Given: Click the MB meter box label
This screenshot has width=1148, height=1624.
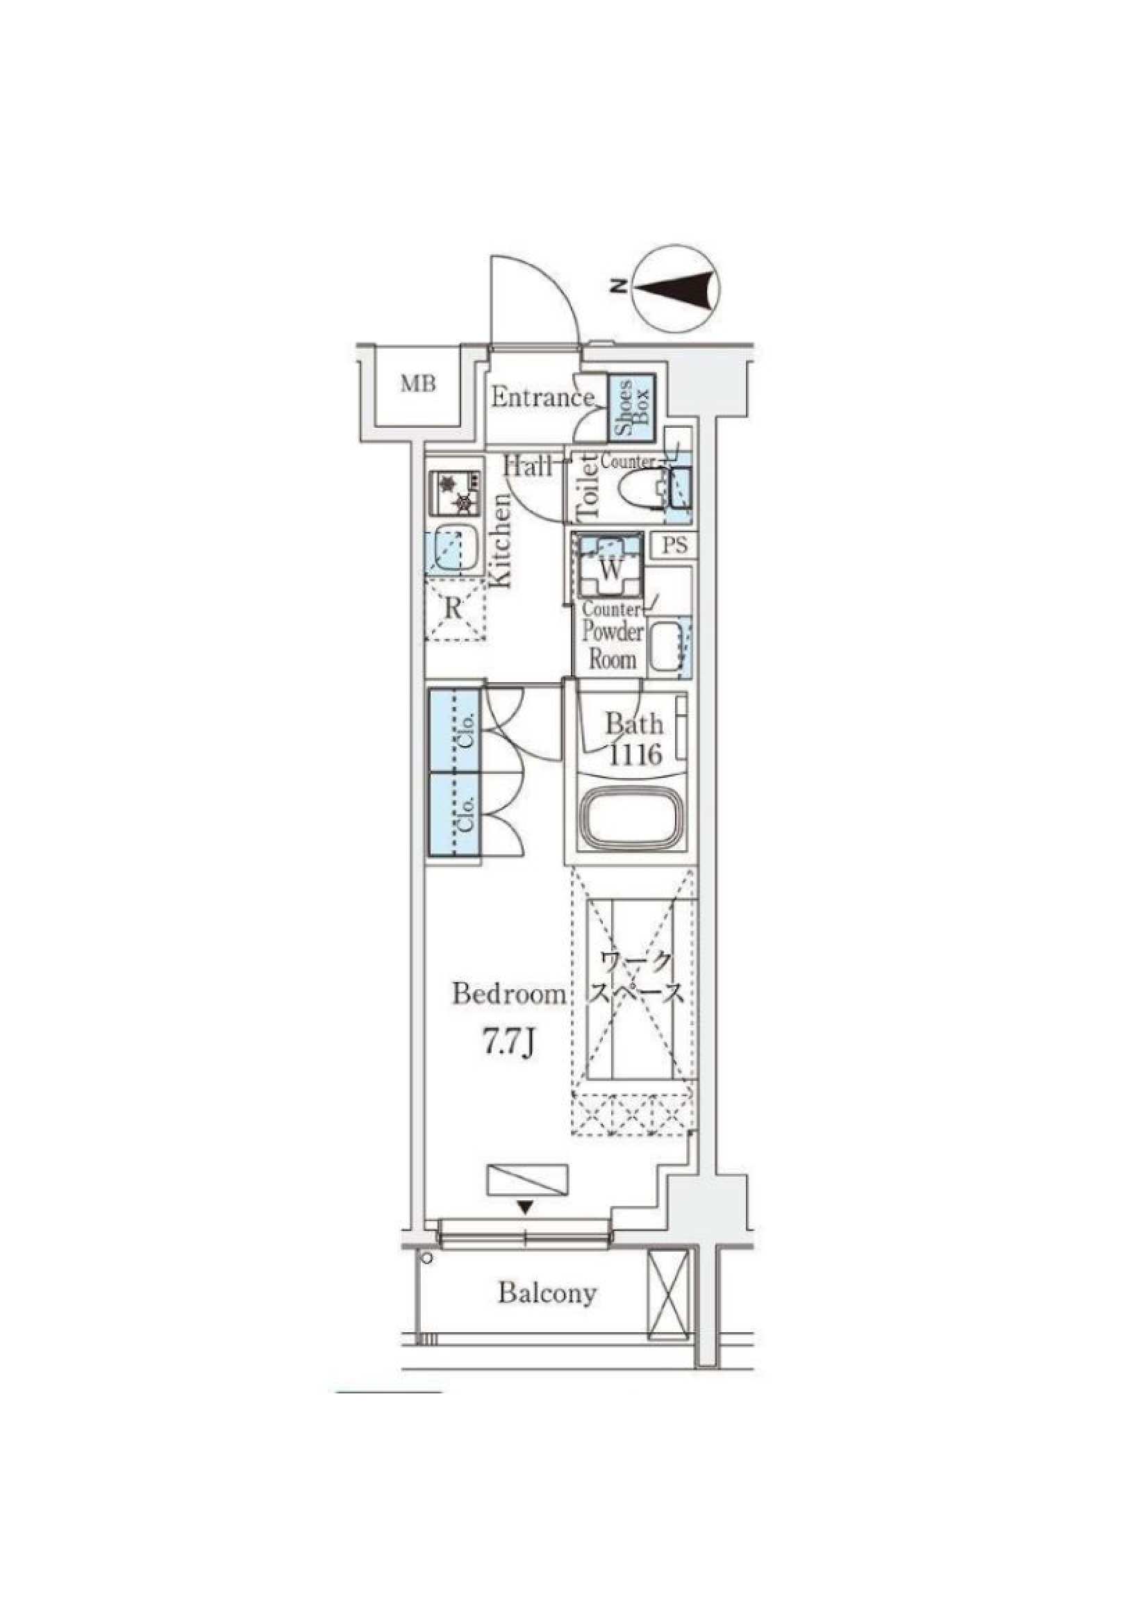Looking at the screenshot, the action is pos(419,385).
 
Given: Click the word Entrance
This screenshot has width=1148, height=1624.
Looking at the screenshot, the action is pos(542,397).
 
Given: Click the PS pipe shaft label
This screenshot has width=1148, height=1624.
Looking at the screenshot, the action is pos(676,545).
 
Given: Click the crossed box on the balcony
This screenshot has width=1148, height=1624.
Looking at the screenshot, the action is pos(667,1294).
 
